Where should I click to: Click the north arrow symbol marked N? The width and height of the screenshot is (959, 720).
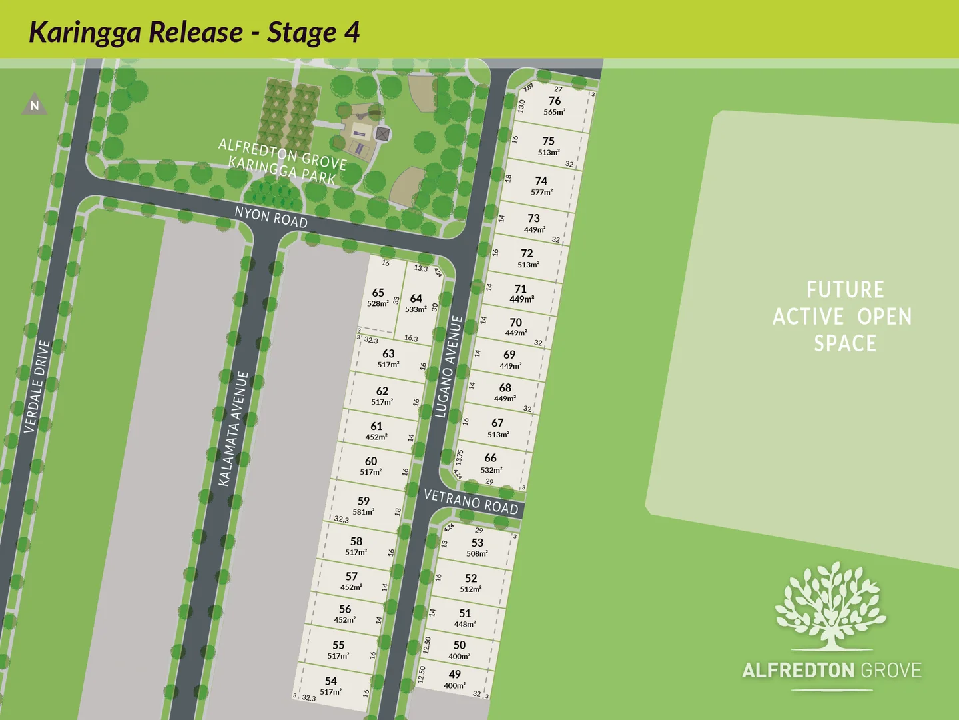coord(35,105)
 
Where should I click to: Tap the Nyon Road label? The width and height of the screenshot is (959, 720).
coord(271,217)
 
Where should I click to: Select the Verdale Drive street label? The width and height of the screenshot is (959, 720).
coord(37,387)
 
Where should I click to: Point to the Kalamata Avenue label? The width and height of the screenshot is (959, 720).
coord(234,429)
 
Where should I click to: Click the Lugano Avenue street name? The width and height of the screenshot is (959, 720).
coord(448,367)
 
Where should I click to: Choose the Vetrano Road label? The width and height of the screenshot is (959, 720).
coord(471,501)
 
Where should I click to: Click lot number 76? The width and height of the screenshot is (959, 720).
coord(555,101)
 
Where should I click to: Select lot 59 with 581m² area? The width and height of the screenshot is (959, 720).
coord(364,501)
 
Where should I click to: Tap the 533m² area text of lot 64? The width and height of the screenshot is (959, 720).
coord(416,309)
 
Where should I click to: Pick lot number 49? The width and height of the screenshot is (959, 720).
coord(455,674)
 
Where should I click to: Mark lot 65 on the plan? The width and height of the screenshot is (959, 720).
coord(378,293)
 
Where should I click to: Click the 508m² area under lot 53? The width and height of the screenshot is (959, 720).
coord(477,554)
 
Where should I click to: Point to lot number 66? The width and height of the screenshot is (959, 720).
coord(491,458)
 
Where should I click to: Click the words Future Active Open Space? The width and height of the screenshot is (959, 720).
coord(844,317)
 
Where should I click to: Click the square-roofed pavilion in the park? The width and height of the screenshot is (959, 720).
coord(382,133)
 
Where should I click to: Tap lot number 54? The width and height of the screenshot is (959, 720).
coord(331,681)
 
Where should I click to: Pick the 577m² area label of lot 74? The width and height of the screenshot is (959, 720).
coord(541,192)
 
